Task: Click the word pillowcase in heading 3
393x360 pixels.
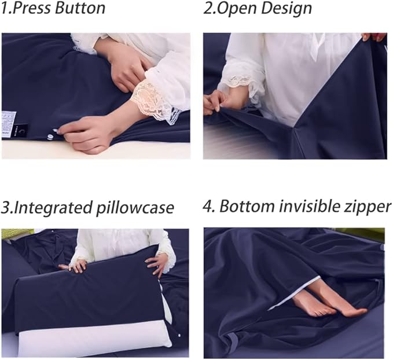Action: click(134, 208)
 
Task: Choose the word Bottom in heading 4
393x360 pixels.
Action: click(247, 207)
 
